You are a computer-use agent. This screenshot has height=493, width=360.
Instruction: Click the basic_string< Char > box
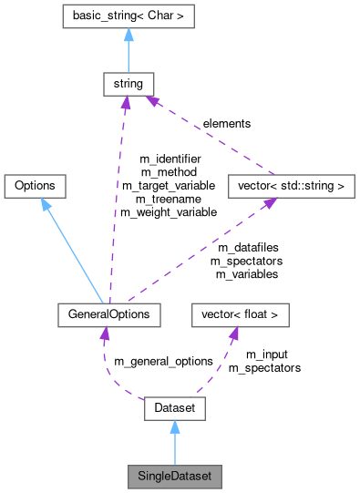[127, 16]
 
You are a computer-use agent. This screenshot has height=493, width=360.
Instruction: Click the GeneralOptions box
[108, 315]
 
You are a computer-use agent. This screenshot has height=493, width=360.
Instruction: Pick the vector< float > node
[240, 315]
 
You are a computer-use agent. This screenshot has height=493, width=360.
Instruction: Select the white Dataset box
[174, 409]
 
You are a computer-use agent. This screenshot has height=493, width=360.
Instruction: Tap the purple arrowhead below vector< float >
[234, 334]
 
